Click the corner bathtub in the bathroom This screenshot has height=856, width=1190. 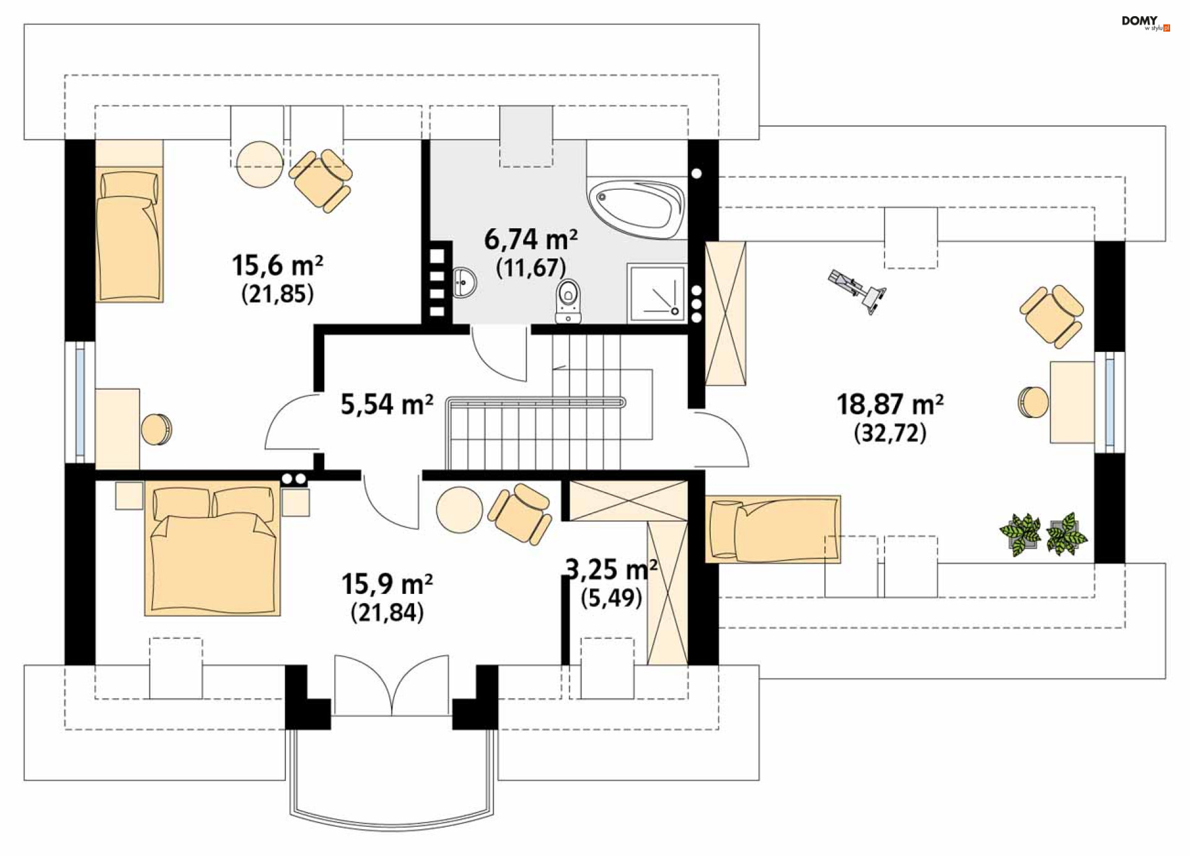[x=637, y=208]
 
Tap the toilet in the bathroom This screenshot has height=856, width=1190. [x=568, y=301]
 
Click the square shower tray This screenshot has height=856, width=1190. [x=656, y=293]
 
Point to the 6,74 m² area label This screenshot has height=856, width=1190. [x=531, y=239]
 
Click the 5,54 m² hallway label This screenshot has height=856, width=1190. [x=387, y=404]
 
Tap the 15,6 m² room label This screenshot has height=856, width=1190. [x=277, y=265]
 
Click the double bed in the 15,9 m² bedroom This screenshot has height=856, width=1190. [x=212, y=549]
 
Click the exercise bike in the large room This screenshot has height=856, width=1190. [x=857, y=291]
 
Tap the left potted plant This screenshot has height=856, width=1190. [x=1020, y=534]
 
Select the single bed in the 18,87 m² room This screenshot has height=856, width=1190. [x=773, y=529]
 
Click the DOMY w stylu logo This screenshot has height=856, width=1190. [x=1145, y=23]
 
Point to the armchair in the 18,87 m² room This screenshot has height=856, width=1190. [x=1052, y=317]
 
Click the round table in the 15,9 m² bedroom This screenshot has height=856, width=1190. [x=459, y=510]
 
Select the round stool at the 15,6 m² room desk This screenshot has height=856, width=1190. [x=156, y=429]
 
